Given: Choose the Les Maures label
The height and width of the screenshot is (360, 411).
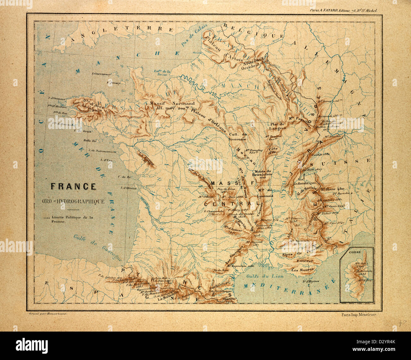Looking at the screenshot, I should pos(300,270).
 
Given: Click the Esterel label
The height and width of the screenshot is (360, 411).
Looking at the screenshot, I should pos(305,261).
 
